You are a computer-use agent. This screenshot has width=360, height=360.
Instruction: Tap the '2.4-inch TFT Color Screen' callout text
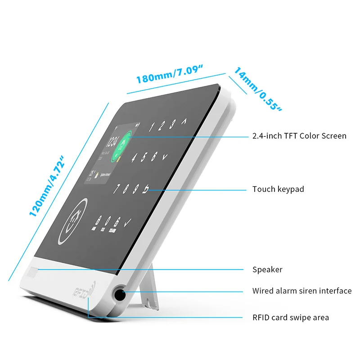click(299, 135)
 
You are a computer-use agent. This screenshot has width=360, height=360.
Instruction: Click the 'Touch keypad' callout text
click(278, 189)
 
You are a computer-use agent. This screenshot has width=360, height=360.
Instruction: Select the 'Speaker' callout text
click(267, 270)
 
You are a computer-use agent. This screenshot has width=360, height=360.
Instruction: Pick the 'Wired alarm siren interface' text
click(302, 291)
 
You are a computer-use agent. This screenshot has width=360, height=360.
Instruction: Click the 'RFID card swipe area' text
click(291, 317)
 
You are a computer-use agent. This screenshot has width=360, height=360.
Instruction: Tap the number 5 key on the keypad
click(144, 157)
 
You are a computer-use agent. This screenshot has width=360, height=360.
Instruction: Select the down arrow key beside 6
click(165, 157)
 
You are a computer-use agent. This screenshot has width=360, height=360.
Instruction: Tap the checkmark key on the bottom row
click(127, 222)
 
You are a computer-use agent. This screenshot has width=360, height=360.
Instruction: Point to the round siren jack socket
click(119, 294)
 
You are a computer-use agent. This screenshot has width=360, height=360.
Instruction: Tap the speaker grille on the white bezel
click(31, 273)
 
